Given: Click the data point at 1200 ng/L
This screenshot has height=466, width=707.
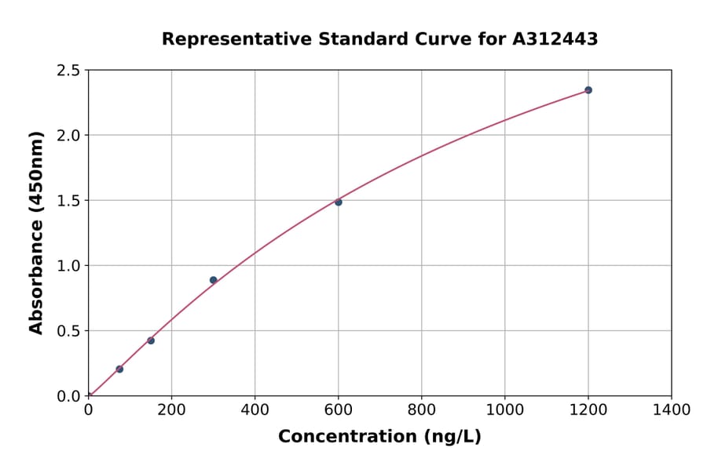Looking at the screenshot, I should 588,90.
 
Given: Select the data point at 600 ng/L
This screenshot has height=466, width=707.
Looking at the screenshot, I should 339,202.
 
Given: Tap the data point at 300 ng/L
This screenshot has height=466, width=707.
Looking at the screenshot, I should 213,280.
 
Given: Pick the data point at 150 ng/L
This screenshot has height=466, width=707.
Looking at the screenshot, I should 151,340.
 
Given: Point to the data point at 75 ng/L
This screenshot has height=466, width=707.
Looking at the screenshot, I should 119,369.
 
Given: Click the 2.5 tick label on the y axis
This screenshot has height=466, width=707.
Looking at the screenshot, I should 69,71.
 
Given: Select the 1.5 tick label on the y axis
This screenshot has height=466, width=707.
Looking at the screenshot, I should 69,201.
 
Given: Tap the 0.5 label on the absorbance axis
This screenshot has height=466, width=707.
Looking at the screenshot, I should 69,331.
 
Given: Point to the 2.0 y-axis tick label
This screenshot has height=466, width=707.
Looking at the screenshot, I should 69,136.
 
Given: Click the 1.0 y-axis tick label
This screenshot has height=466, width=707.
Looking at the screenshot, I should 69,266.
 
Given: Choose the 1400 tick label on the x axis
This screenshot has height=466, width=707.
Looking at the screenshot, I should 671,410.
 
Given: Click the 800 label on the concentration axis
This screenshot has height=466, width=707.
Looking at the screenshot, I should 421,410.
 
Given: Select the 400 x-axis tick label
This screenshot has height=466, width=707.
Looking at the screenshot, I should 255,410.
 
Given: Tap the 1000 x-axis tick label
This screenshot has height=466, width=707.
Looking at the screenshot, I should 504,410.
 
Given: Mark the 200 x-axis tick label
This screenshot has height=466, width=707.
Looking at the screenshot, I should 171,410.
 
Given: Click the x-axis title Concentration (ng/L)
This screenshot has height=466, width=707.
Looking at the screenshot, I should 379,437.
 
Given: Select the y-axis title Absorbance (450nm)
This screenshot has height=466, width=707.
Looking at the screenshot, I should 36,232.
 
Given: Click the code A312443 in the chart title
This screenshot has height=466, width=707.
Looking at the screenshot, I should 555,39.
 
